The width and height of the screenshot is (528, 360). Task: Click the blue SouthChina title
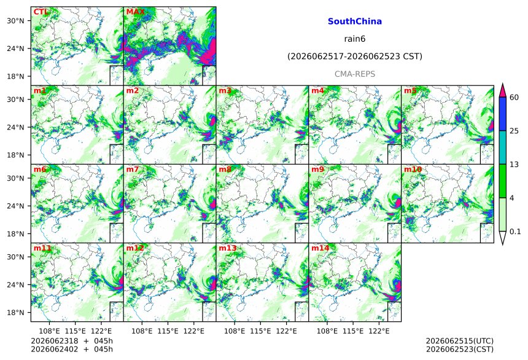[x=355, y=22]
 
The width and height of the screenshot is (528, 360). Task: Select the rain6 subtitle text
[x=355, y=39]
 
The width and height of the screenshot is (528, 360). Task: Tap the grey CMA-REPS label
[x=355, y=74]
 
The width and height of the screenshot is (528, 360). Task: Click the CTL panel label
[x=41, y=12]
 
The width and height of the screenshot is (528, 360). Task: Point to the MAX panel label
[x=135, y=12]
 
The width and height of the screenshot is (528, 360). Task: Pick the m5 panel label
[x=410, y=91]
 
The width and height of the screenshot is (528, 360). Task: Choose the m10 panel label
[x=413, y=169]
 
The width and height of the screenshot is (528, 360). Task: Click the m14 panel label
[x=320, y=248]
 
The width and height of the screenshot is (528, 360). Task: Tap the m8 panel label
[x=225, y=169]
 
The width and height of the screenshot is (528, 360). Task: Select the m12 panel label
[x=134, y=248]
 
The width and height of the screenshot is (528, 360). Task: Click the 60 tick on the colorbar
[x=514, y=98]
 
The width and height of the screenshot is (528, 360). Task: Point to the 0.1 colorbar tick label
[x=515, y=232]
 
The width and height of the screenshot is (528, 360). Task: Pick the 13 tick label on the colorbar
[x=514, y=165]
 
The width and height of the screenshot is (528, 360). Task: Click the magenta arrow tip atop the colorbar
[x=502, y=84]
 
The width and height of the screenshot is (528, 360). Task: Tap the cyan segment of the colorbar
[x=502, y=147]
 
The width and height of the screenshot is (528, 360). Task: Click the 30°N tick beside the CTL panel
[x=15, y=20]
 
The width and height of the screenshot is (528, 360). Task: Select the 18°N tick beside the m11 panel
[x=15, y=313]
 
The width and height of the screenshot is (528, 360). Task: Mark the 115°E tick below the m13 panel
[x=260, y=331]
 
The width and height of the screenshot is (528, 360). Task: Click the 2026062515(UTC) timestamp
[x=460, y=341]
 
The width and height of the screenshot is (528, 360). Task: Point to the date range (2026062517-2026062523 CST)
[x=355, y=57]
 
